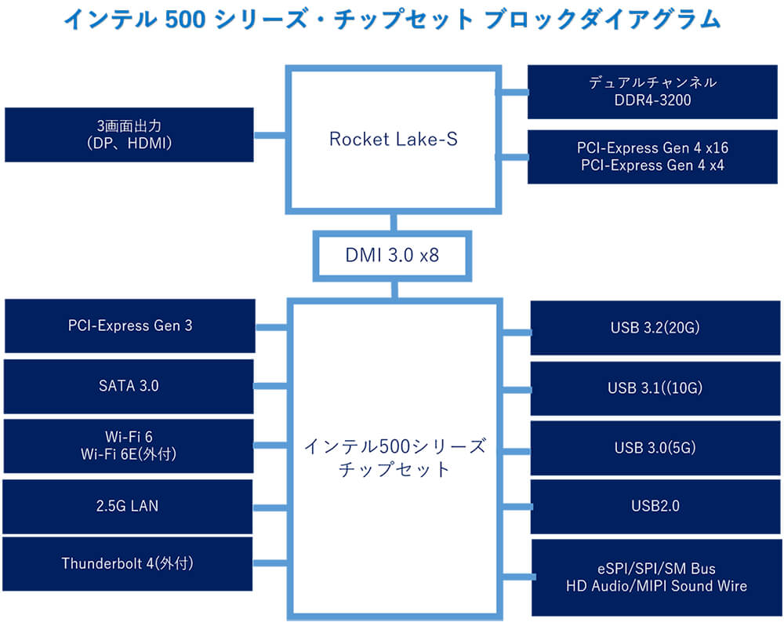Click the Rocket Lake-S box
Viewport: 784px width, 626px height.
click(x=393, y=140)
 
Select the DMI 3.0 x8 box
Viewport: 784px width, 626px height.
click(x=393, y=255)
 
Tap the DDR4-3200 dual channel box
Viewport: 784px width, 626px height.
click(x=652, y=92)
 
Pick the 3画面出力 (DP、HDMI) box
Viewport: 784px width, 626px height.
click(x=129, y=135)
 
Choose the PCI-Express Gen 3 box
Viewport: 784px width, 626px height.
click(x=129, y=326)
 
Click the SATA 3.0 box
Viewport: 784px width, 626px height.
click(x=129, y=386)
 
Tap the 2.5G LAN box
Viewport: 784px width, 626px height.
click(x=129, y=506)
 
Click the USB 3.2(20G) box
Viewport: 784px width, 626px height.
click(x=655, y=328)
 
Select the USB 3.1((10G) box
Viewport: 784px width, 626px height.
click(x=655, y=388)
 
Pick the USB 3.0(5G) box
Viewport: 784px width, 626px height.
click(x=655, y=448)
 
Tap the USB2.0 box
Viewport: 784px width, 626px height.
click(x=655, y=507)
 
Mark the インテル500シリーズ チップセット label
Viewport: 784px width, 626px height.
click(x=394, y=459)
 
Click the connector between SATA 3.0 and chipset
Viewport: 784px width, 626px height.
click(x=271, y=386)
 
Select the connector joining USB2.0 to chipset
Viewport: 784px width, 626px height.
click(x=516, y=508)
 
